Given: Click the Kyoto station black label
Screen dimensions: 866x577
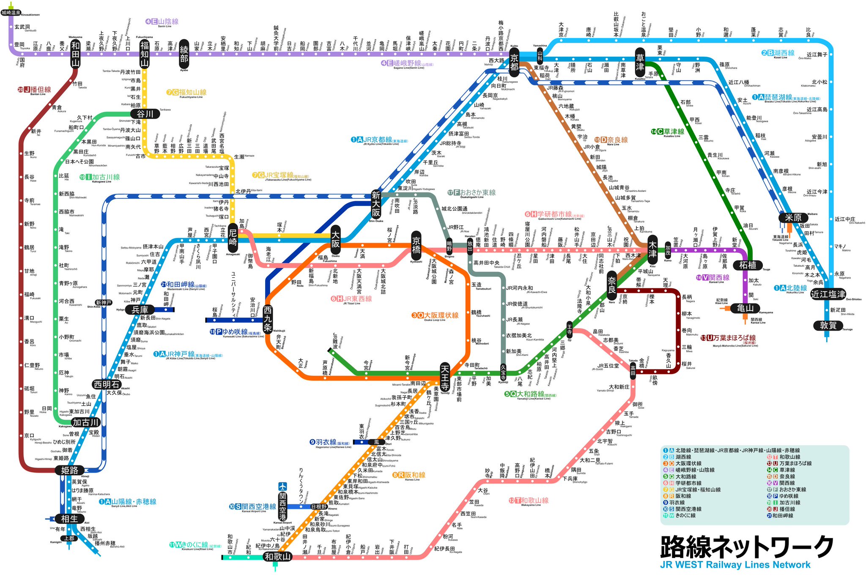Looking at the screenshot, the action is pos(514,62).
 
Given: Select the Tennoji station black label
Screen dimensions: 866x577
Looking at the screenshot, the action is pos(445,377).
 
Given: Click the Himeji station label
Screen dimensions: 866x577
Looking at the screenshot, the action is pos(70,470).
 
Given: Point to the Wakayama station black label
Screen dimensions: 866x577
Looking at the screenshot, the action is pos(277,557).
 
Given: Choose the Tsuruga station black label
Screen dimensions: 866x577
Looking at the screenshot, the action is pos(828,325).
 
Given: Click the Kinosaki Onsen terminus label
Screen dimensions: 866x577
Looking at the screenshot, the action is pos(11,13).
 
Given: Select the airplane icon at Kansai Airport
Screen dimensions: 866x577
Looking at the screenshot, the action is pos(282,487).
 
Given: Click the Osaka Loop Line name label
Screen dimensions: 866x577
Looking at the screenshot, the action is pos(435,315).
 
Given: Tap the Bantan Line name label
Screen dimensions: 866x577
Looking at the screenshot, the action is pos(35,90).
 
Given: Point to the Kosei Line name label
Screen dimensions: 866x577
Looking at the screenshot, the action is pos(778,53).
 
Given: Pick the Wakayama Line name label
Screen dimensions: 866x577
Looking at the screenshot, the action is pos(529,500).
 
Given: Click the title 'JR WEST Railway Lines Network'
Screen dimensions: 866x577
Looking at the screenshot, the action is pos(735,565).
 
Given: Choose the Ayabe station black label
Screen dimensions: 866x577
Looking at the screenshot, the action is pos(184,54).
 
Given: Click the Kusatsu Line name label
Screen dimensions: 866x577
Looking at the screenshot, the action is pos(668,131).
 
